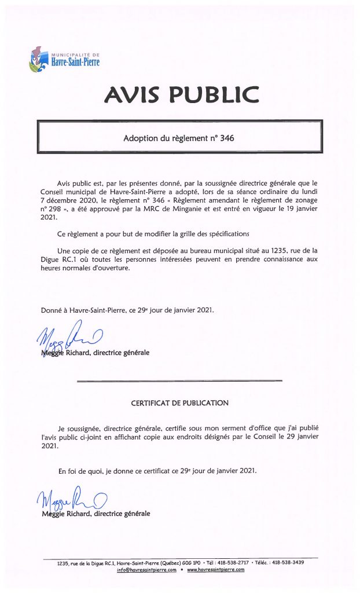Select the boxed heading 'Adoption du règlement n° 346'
tap(179, 139)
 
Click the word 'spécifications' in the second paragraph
tap(225, 233)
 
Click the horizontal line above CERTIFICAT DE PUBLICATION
tap(179, 380)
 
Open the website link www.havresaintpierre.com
tap(215, 570)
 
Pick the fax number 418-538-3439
tap(300, 562)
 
